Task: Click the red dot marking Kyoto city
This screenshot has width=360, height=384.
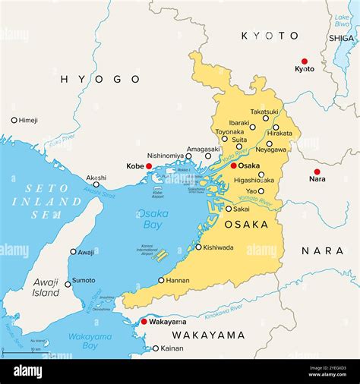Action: coord(305,61)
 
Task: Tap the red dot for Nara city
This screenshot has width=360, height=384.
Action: coord(317,172)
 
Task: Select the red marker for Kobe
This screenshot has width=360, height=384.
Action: coord(149,166)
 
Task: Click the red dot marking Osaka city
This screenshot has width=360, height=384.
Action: coord(234,165)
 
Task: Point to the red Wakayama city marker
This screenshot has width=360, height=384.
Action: coord(144,322)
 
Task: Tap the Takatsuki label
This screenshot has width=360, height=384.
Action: coord(264,111)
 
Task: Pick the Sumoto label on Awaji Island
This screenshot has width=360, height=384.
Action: coord(84,280)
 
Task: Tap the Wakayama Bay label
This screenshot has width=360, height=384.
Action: coord(90,341)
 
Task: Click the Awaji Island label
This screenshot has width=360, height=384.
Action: coord(46,287)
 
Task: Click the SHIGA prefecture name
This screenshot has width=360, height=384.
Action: coord(342,38)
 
